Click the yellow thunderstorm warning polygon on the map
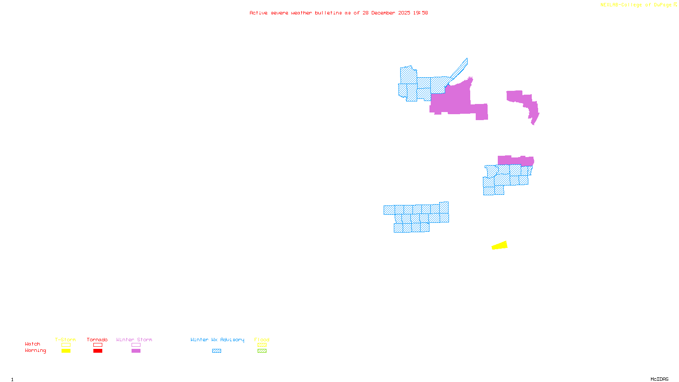[500, 245]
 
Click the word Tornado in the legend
[97, 340]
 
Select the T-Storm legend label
[65, 340]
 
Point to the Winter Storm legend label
[134, 340]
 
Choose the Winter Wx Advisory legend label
[217, 340]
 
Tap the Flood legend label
[262, 340]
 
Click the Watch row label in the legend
[33, 344]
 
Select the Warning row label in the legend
[36, 351]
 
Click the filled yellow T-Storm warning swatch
[66, 351]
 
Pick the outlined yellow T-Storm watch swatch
[66, 345]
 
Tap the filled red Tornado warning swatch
[98, 351]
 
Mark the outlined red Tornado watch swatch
[98, 345]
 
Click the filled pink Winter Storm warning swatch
[136, 351]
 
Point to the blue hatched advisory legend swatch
[216, 351]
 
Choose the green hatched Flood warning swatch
[262, 351]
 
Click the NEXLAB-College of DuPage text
[636, 5]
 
